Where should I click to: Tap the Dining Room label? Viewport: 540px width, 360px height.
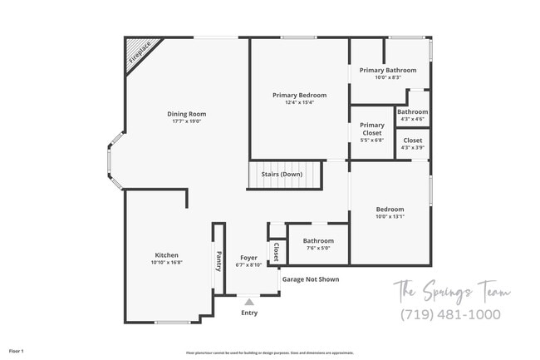[x=186, y=114]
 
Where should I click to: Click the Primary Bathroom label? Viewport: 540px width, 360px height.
[x=388, y=71]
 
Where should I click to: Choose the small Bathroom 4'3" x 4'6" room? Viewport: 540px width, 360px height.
[x=412, y=115]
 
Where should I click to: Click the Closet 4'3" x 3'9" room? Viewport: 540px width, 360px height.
[x=412, y=144]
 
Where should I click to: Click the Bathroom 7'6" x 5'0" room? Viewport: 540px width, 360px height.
[x=317, y=244]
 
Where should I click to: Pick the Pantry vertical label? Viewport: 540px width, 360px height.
[x=218, y=262]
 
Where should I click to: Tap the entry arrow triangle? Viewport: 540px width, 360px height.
[x=248, y=301]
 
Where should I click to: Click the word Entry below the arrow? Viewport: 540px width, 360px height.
[x=249, y=313]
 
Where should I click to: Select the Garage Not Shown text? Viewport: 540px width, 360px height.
[x=310, y=279]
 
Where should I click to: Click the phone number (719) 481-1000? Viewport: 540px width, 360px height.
[x=450, y=314]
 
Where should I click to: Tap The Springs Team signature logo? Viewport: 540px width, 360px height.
[x=451, y=291]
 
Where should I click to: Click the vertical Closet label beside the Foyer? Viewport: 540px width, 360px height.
[x=276, y=252]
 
